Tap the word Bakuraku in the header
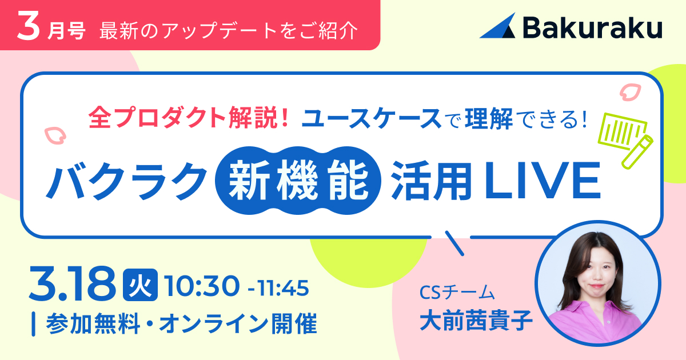click(593, 27)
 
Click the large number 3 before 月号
click(28, 26)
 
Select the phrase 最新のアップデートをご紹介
click(229, 31)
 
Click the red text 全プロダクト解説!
click(188, 118)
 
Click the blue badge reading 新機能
click(298, 181)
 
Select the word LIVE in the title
click(543, 181)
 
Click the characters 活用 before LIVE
click(432, 181)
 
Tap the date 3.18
click(72, 285)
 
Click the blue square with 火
click(140, 285)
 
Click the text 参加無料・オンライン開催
click(182, 323)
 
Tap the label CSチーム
click(457, 293)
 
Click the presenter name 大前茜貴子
click(476, 321)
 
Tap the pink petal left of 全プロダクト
click(55, 135)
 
